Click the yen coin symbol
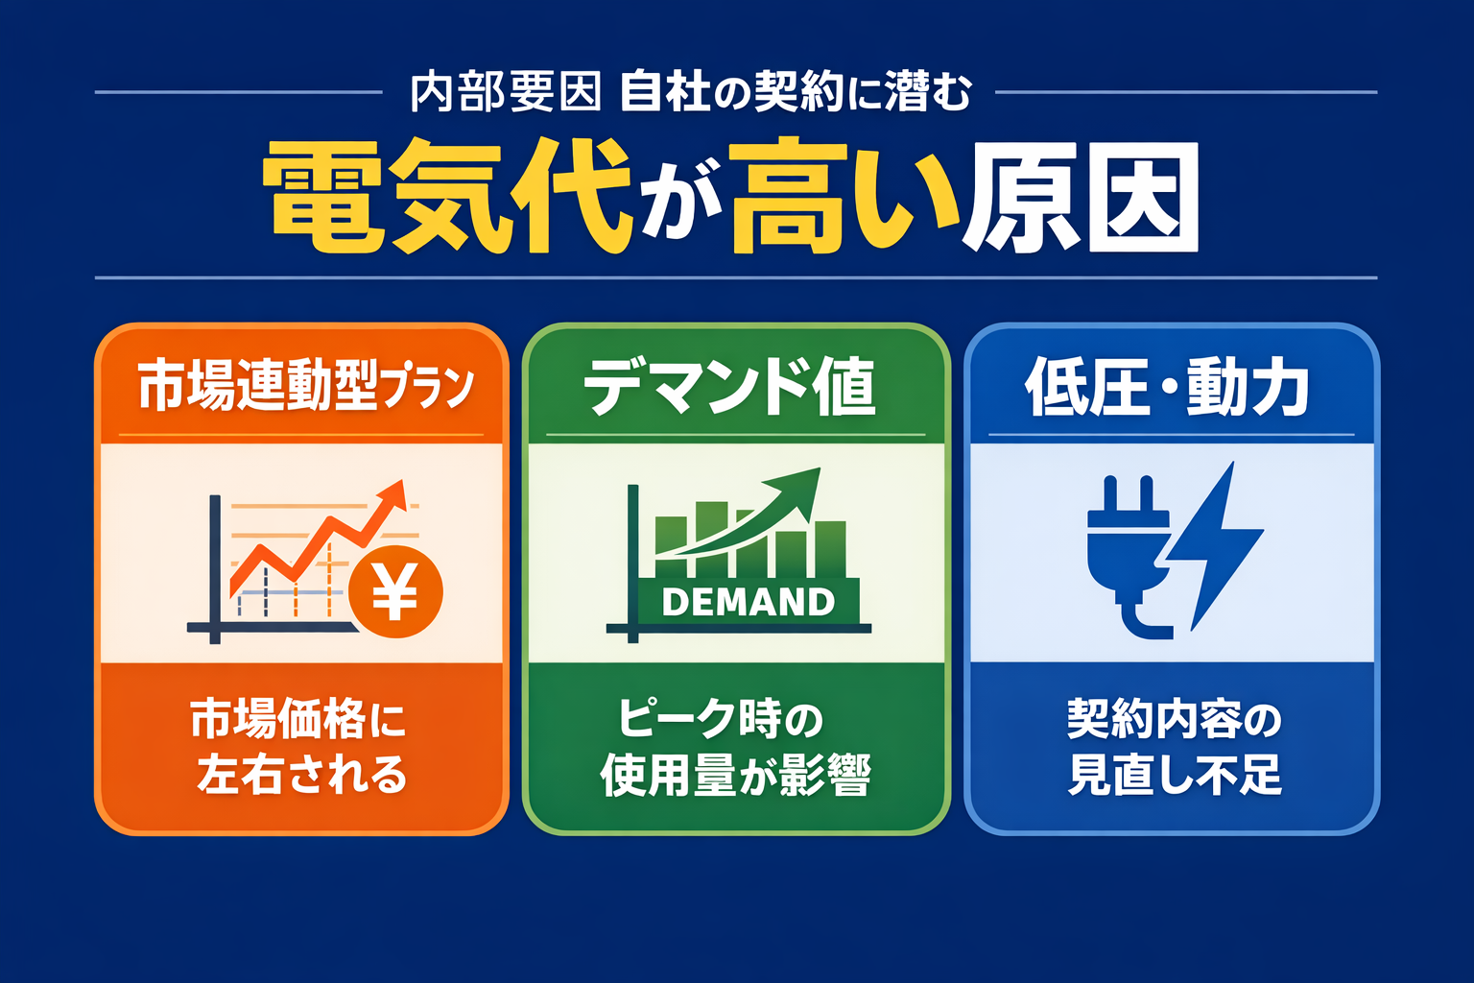[x=394, y=591]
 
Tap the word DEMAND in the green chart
[x=748, y=602]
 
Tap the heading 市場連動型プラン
[x=305, y=386]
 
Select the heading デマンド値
[x=729, y=386]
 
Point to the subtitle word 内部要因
[x=506, y=93]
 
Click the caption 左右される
[x=302, y=775]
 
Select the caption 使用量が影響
[x=735, y=776]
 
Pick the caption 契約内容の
[x=1175, y=720]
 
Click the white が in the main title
[x=680, y=206]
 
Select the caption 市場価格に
[x=298, y=719]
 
